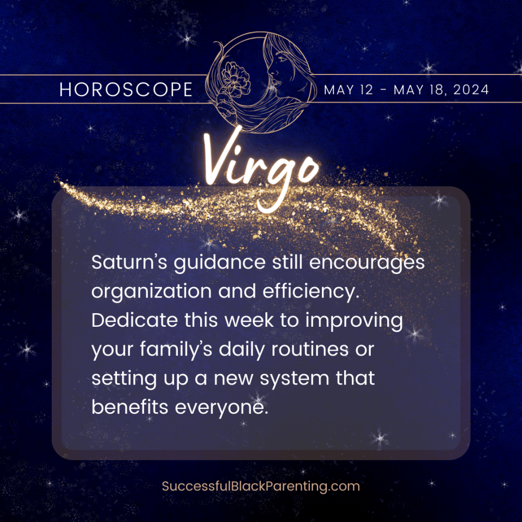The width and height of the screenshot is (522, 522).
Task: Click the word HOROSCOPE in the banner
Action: pyautogui.click(x=126, y=90)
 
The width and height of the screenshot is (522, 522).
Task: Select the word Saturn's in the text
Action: pyautogui.click(x=128, y=263)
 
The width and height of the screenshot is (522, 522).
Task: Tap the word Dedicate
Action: pyautogui.click(x=135, y=321)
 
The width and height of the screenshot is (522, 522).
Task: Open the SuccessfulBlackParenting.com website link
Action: pyautogui.click(x=260, y=486)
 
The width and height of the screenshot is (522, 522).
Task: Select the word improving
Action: pyautogui.click(x=354, y=321)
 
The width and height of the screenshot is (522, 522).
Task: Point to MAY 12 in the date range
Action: pyautogui.click(x=349, y=90)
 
